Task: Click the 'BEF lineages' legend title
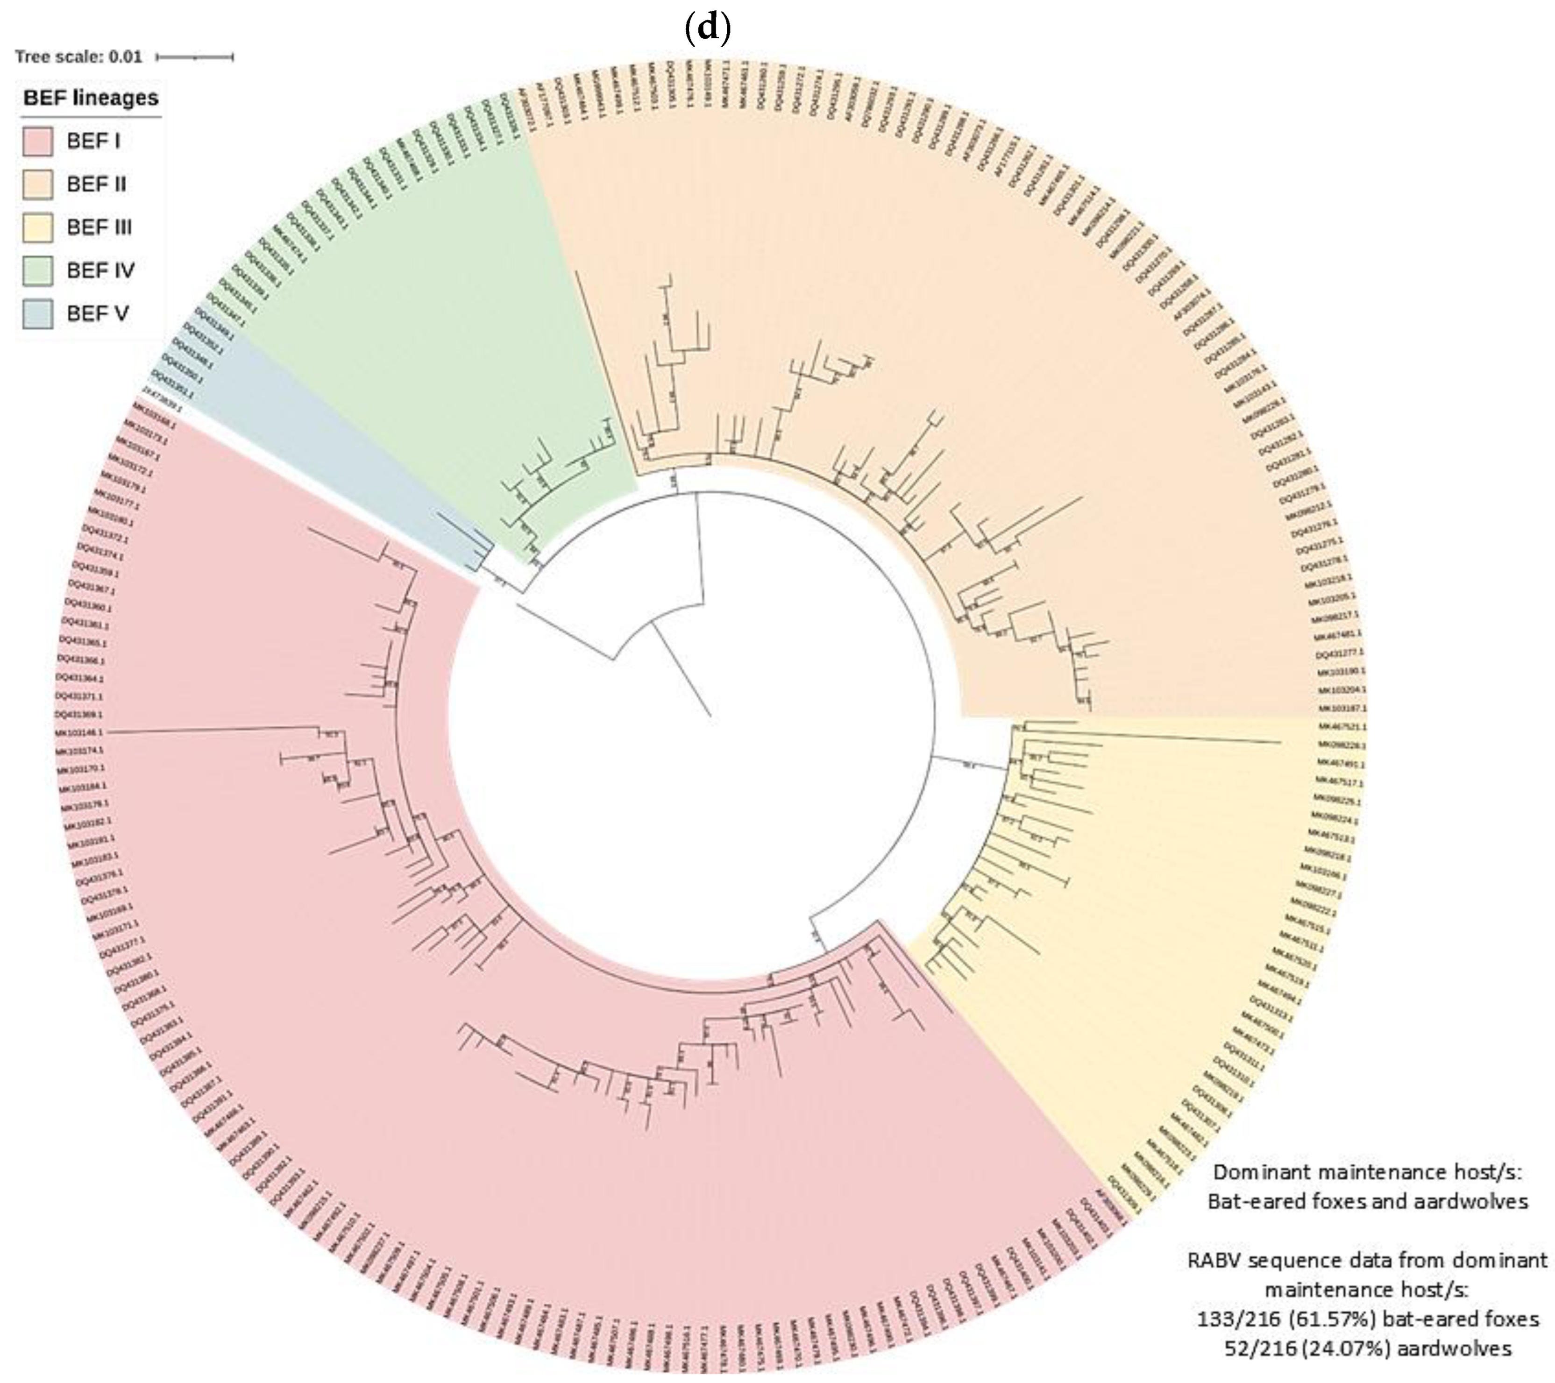[91, 98]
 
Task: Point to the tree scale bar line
[195, 57]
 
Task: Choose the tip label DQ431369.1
[78, 714]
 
